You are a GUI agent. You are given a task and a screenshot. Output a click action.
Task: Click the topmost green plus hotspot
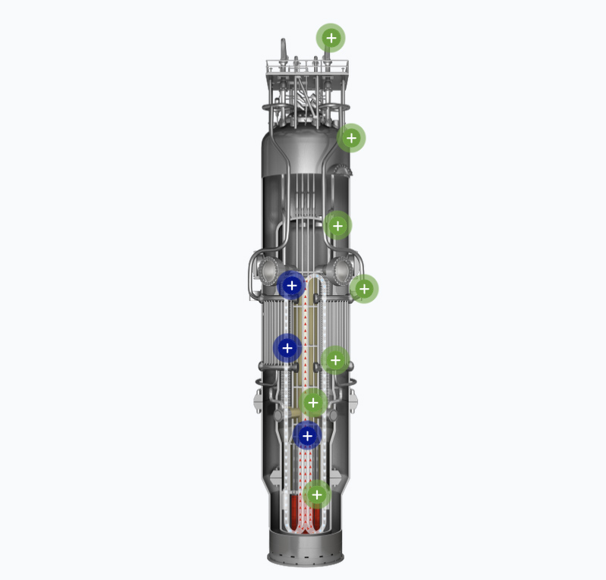(x=331, y=38)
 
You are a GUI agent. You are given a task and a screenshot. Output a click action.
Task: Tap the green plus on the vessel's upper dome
(x=351, y=138)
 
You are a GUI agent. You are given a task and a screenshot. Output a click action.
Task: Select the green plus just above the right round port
(x=338, y=225)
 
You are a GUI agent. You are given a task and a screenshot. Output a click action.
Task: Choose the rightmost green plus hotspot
(x=364, y=289)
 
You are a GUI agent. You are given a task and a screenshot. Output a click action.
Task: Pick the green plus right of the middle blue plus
(x=334, y=360)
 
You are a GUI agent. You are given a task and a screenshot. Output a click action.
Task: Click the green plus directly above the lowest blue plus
(x=312, y=403)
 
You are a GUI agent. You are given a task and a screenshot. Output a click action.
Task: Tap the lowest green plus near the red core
(x=317, y=495)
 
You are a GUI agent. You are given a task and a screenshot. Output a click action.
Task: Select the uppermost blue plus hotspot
(x=291, y=286)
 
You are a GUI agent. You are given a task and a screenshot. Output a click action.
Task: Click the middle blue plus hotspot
(x=287, y=348)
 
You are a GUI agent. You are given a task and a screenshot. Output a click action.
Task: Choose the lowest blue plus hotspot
(x=307, y=436)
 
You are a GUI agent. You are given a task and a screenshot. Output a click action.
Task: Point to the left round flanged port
(x=268, y=269)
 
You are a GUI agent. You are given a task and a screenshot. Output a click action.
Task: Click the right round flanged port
(x=341, y=269)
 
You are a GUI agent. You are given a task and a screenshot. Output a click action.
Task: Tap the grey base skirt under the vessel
(x=306, y=547)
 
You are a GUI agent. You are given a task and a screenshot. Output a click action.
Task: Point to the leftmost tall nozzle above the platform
(x=284, y=50)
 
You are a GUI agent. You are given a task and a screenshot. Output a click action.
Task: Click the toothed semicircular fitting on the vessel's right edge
(x=346, y=168)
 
